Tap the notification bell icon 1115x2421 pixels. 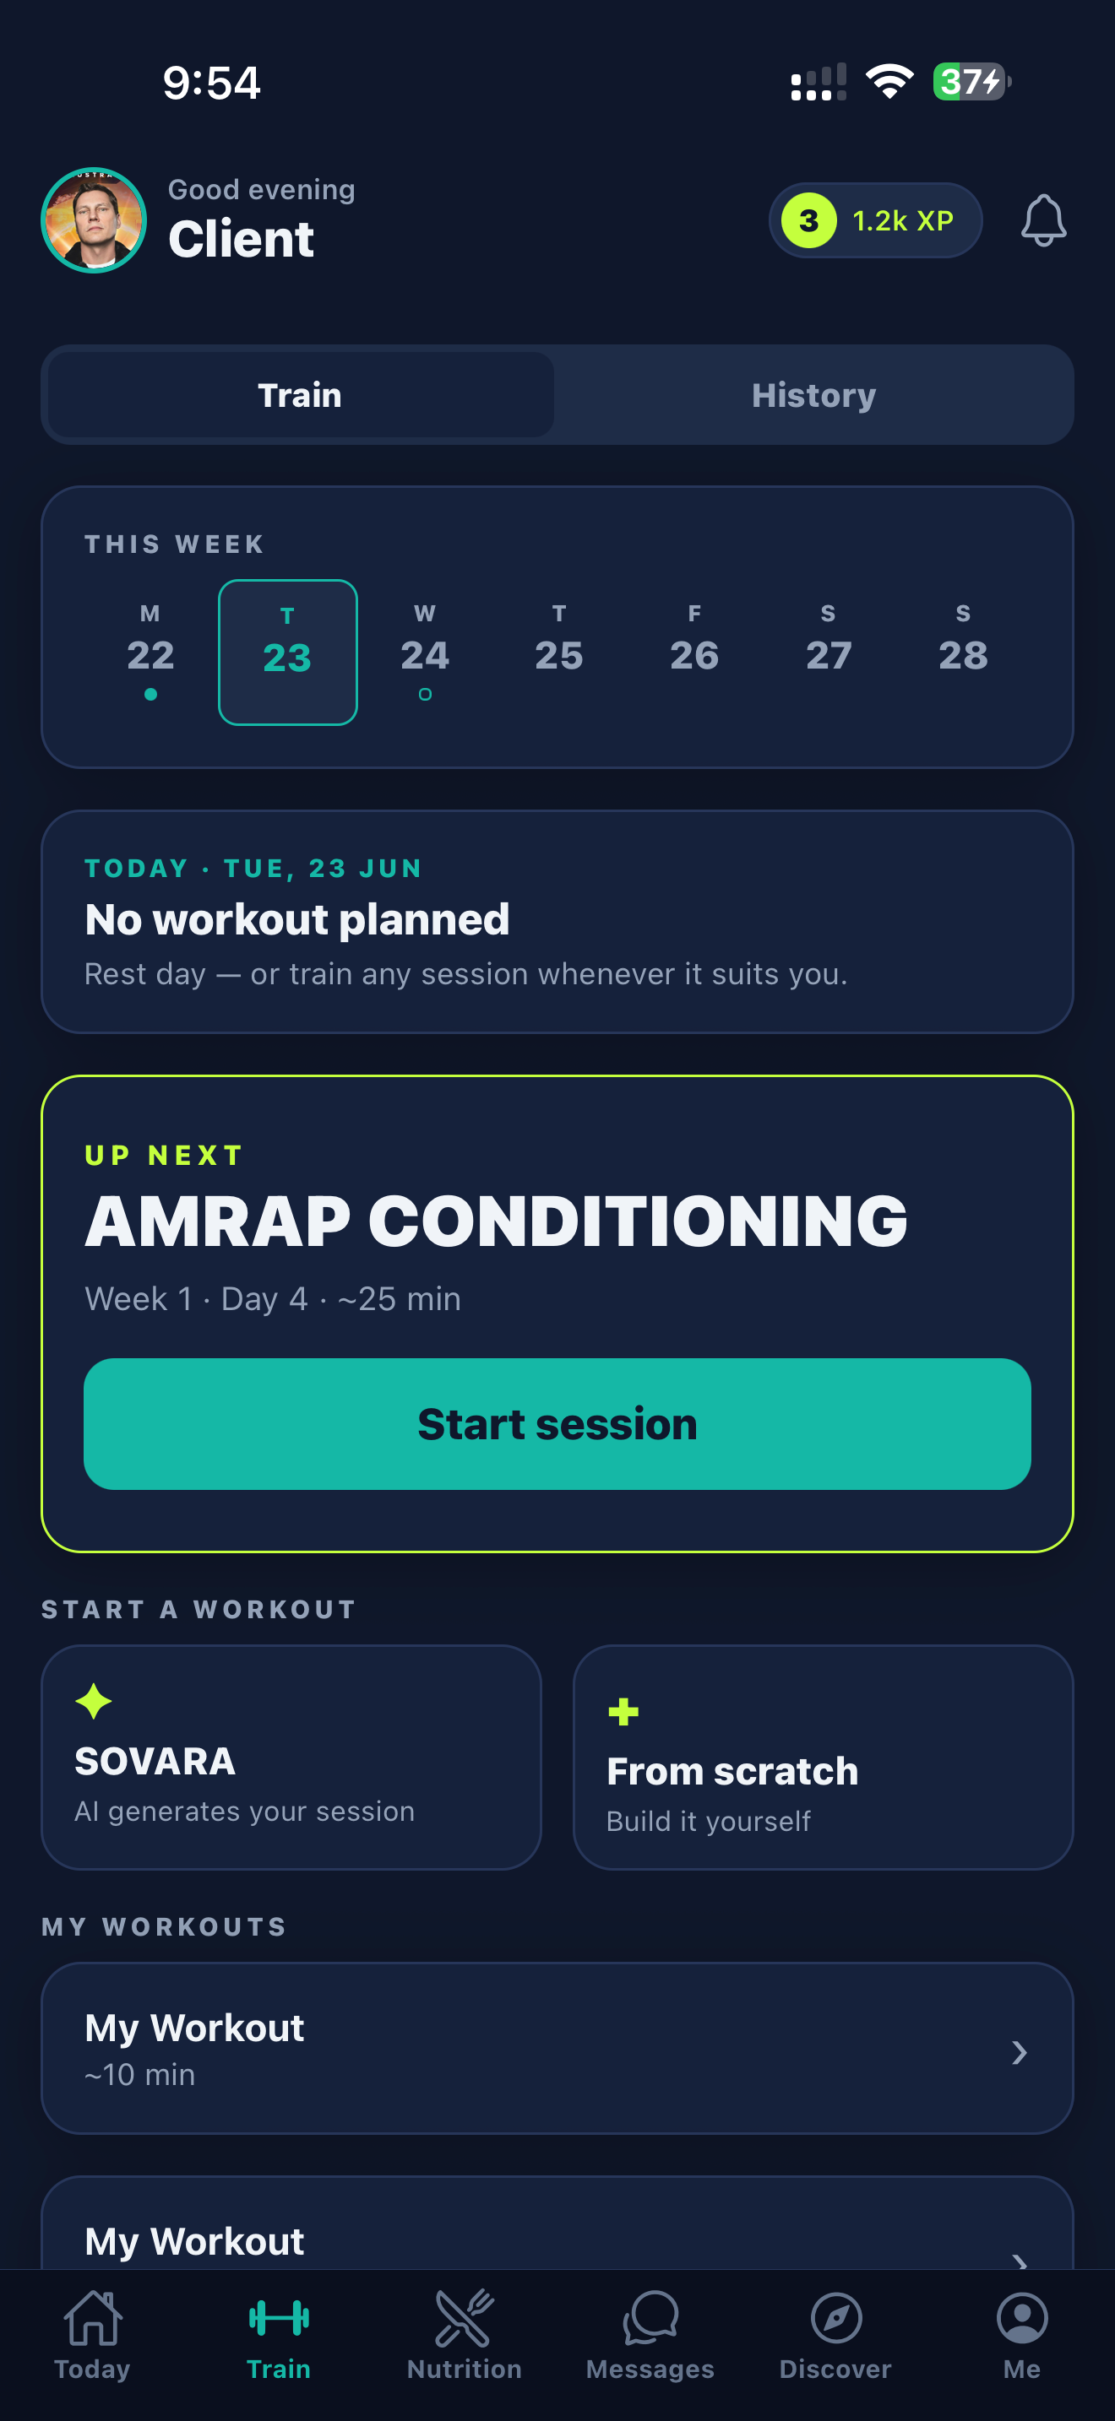(1043, 221)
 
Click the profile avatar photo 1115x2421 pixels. (94, 221)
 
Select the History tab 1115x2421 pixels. (813, 395)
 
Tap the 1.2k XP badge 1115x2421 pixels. (875, 221)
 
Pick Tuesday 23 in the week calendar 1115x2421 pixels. (288, 653)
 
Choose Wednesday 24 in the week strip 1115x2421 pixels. (425, 653)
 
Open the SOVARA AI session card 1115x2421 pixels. (291, 1757)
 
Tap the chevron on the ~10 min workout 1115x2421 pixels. (1019, 2053)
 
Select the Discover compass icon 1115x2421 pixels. (835, 2318)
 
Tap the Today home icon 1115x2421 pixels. (92, 2318)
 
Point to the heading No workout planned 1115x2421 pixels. (297, 919)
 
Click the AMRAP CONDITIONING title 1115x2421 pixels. (497, 1221)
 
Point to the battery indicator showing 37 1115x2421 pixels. (971, 82)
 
